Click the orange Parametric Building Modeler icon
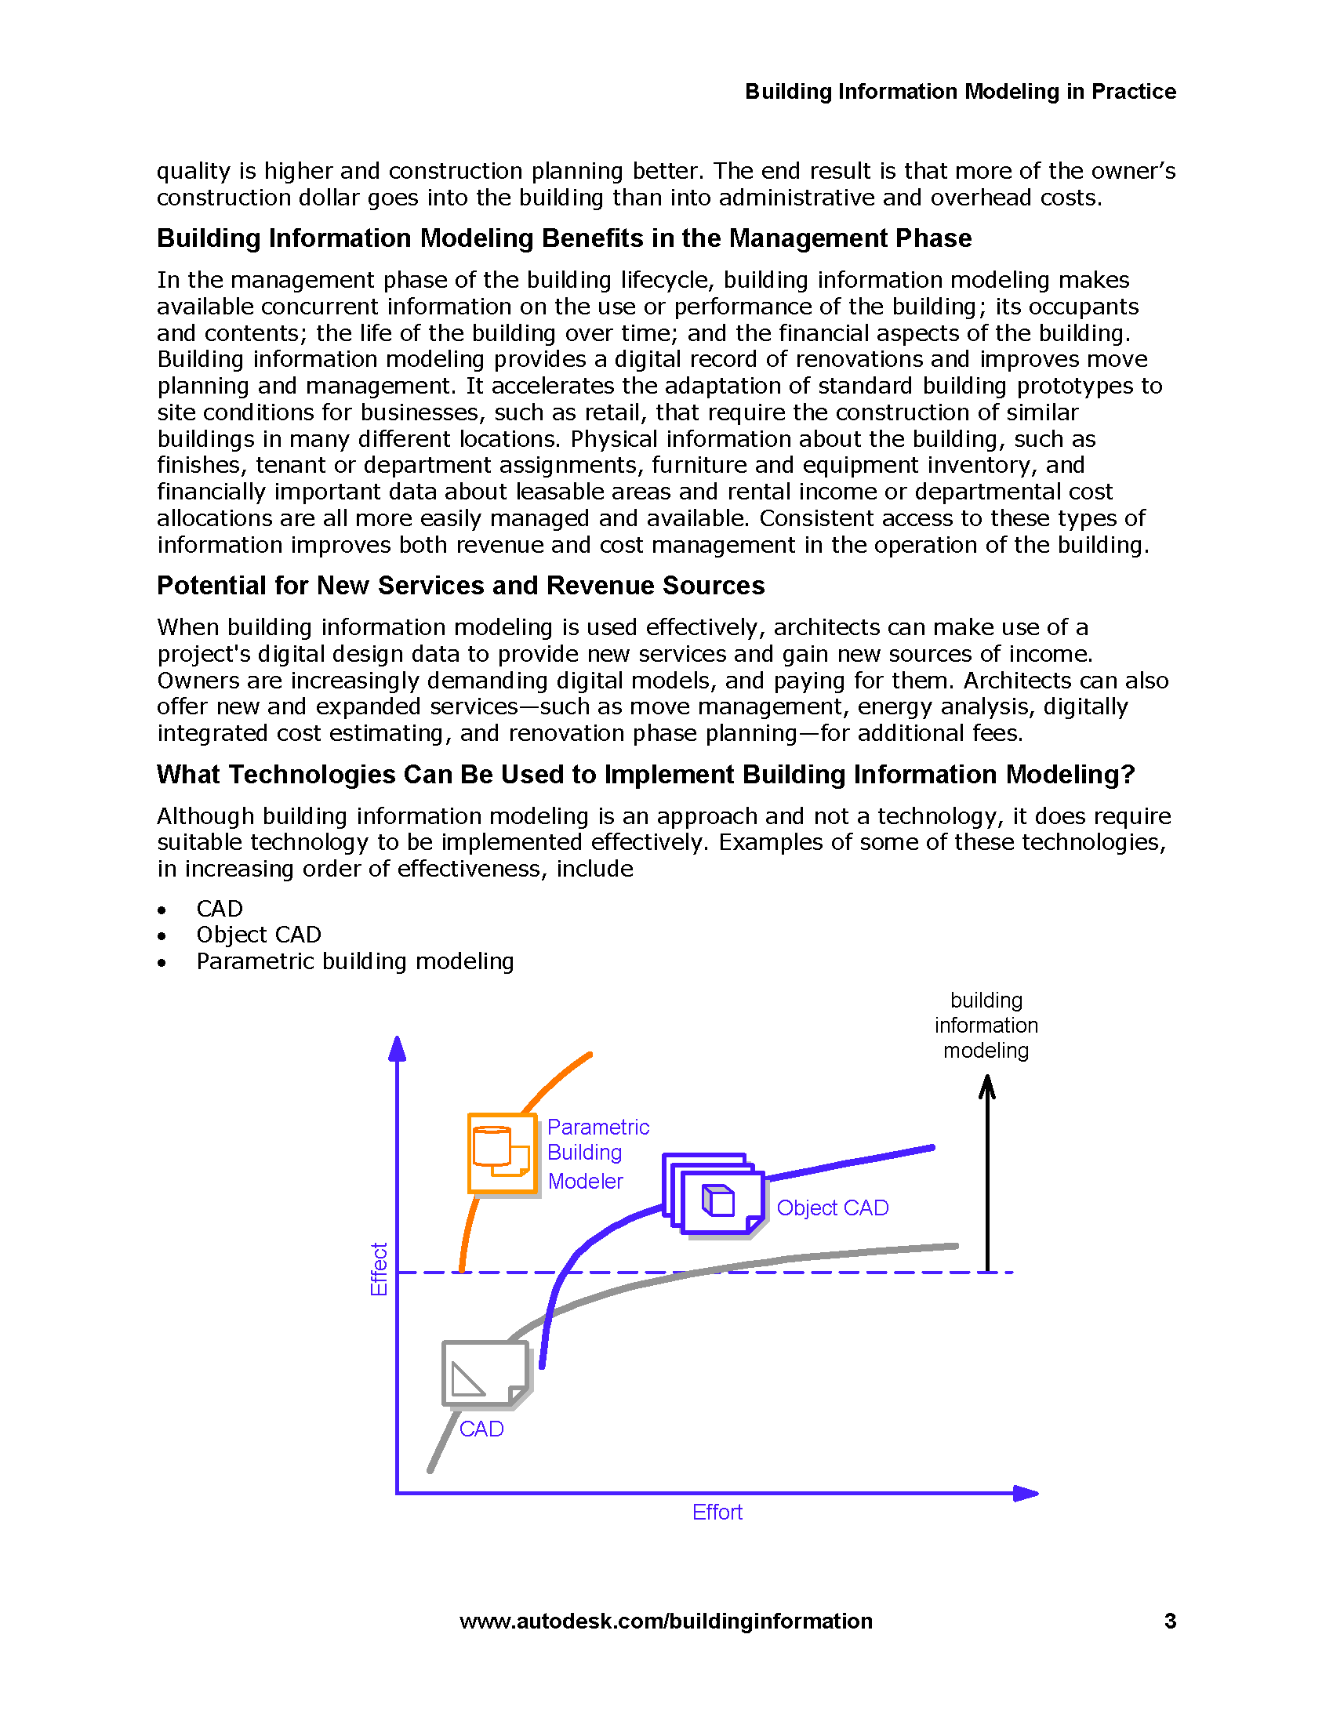[x=503, y=1153]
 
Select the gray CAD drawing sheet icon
[x=485, y=1374]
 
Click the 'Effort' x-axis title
[x=717, y=1512]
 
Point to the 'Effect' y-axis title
[x=379, y=1269]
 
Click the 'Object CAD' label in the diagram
[x=832, y=1207]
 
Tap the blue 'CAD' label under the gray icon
[x=481, y=1429]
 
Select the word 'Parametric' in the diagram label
[x=597, y=1127]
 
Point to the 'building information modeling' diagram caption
[x=986, y=1026]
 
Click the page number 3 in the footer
[x=1170, y=1621]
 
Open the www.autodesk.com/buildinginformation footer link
[x=666, y=1621]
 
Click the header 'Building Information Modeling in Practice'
[x=961, y=92]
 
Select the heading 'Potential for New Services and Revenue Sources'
[x=460, y=585]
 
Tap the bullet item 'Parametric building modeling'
[x=354, y=961]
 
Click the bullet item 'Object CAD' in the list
[x=258, y=935]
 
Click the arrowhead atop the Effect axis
[x=398, y=1049]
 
